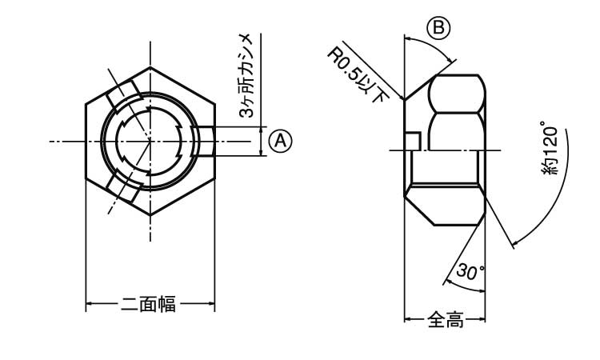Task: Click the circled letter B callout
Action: click(438, 27)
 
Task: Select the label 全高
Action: click(445, 321)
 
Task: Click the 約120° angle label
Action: click(549, 149)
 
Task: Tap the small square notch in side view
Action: click(412, 140)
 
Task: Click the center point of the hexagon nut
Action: click(150, 141)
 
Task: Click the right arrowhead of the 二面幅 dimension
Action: click(212, 304)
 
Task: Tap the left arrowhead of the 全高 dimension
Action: click(407, 321)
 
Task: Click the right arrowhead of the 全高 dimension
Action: click(483, 321)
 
